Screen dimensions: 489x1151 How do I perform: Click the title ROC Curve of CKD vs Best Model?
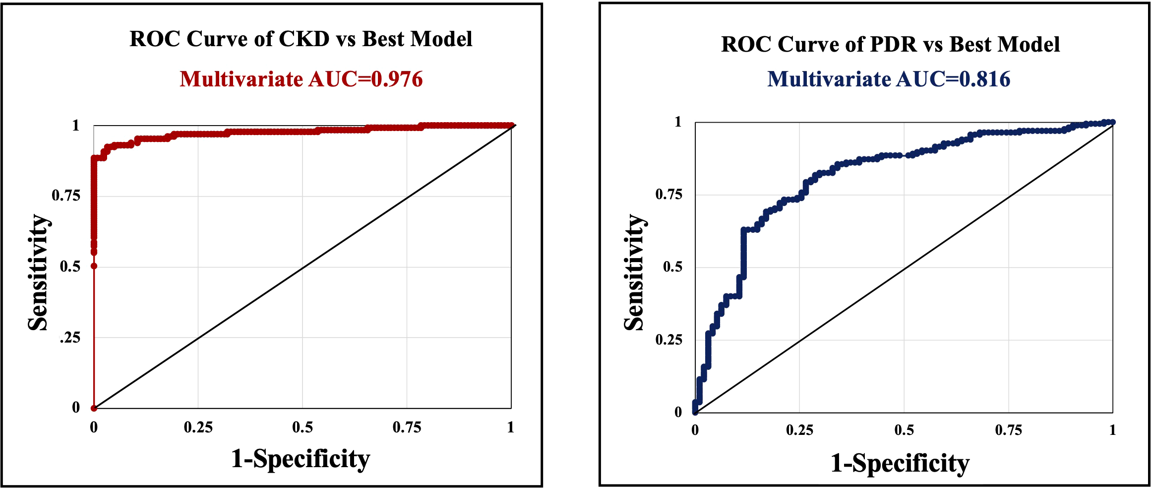pos(301,39)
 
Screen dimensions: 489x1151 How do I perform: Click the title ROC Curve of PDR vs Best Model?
pos(890,44)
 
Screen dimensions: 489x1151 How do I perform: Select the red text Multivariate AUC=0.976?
pos(301,79)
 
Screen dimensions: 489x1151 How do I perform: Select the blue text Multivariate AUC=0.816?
pos(888,79)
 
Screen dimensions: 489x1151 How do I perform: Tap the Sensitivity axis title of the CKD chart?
pos(38,272)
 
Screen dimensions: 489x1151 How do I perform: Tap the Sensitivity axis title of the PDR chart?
pos(634,272)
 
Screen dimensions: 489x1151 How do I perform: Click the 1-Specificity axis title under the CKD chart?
pos(301,459)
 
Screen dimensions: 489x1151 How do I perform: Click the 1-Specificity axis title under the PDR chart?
pos(900,463)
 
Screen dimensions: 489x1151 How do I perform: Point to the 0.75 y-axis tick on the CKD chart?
pos(66,196)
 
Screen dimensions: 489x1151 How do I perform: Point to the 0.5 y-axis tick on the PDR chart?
pos(672,267)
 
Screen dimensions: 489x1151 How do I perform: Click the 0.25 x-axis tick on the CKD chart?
pos(198,427)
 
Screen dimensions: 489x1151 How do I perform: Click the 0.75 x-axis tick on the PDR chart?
pos(1008,430)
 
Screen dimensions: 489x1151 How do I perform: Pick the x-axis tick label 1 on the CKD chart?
pos(510,427)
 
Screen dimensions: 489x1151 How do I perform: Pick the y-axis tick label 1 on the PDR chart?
pos(678,122)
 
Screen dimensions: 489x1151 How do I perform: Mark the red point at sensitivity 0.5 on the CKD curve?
pos(94,266)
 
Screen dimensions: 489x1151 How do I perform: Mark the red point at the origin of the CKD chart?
pos(94,408)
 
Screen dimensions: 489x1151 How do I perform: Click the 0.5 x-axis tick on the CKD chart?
pos(302,427)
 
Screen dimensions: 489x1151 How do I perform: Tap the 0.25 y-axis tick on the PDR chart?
pos(668,340)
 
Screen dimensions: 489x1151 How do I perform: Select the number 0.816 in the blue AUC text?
pos(984,79)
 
